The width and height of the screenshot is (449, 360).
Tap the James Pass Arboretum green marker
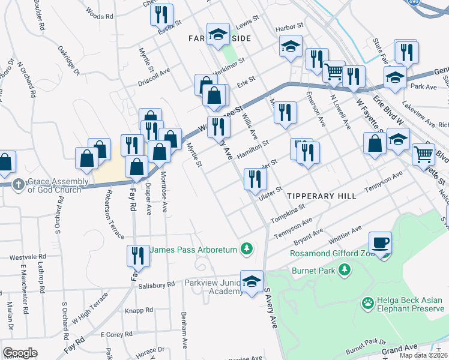(x=246, y=248)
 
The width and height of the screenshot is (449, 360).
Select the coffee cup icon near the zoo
(x=380, y=243)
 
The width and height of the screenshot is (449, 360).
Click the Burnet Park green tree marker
(x=344, y=271)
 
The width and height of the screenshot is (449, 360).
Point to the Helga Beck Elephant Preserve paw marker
(x=367, y=304)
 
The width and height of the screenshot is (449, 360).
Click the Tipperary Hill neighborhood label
(x=318, y=196)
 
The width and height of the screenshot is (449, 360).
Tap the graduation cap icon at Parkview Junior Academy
(x=252, y=281)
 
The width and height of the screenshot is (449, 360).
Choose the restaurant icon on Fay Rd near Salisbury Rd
(x=138, y=256)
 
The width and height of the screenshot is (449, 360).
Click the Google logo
(x=20, y=353)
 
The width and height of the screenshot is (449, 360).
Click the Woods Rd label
(x=100, y=14)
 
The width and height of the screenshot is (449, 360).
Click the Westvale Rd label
(x=24, y=257)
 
